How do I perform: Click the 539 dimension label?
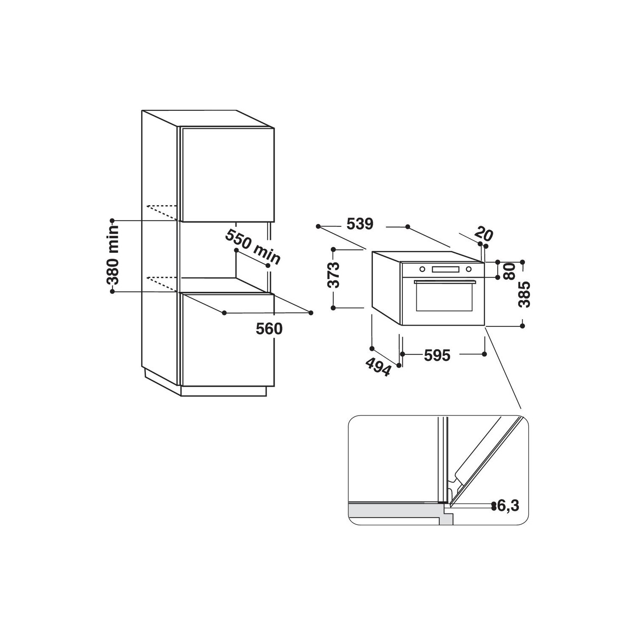point(360,224)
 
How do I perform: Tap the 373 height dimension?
point(335,275)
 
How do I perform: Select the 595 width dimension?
point(437,355)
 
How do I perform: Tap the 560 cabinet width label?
point(269,329)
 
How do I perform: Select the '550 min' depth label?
point(253,247)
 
